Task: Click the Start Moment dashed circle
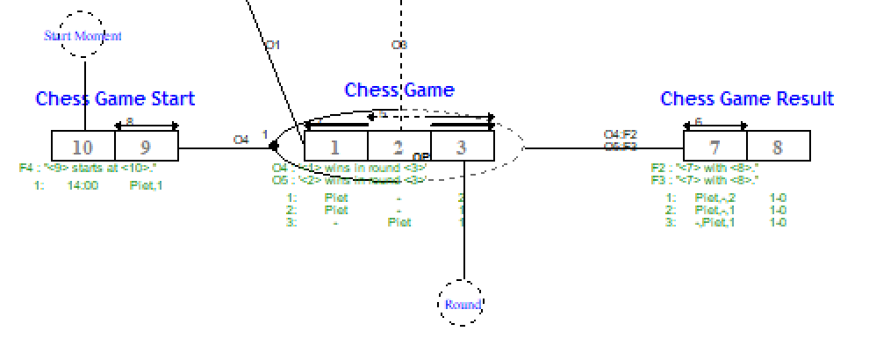(x=83, y=35)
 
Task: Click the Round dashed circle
(x=462, y=304)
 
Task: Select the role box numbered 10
(x=83, y=146)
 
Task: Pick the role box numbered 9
(x=147, y=146)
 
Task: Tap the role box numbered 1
(x=335, y=147)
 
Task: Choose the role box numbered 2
(x=398, y=147)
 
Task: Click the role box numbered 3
(x=462, y=147)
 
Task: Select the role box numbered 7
(x=715, y=146)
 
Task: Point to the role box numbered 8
(x=778, y=146)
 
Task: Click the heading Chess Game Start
(x=115, y=98)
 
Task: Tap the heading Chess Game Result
(x=747, y=98)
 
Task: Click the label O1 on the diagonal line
(x=272, y=44)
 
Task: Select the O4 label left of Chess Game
(x=241, y=139)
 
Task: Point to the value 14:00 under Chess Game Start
(x=83, y=185)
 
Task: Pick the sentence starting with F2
(x=704, y=167)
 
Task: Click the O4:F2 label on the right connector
(x=620, y=134)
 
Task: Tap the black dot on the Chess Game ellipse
(x=273, y=147)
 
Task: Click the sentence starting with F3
(x=704, y=179)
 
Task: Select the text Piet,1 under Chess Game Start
(x=146, y=185)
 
